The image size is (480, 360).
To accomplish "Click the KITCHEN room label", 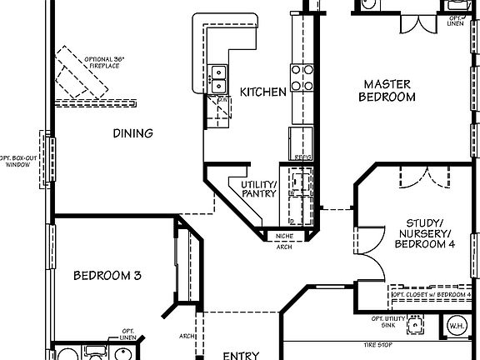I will click(x=263, y=92).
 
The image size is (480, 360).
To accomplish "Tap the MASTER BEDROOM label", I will click(x=387, y=90).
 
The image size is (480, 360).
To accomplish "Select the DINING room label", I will click(x=133, y=133).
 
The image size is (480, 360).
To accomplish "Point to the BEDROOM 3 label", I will click(x=106, y=276).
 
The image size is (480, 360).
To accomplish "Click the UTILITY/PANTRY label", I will click(x=258, y=189).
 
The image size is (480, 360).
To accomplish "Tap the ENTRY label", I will click(x=241, y=355).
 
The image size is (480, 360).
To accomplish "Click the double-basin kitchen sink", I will click(x=218, y=79).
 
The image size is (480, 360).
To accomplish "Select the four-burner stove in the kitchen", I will click(x=302, y=78).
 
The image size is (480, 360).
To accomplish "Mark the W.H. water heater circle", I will click(x=457, y=326).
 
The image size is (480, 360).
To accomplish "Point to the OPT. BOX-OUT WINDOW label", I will click(x=17, y=161).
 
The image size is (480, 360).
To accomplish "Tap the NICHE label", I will click(x=284, y=237).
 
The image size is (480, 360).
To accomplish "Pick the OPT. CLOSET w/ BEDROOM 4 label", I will click(x=431, y=295).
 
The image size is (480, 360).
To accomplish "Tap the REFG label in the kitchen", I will click(x=301, y=157).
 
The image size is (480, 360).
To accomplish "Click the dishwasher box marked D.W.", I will click(x=219, y=108).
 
